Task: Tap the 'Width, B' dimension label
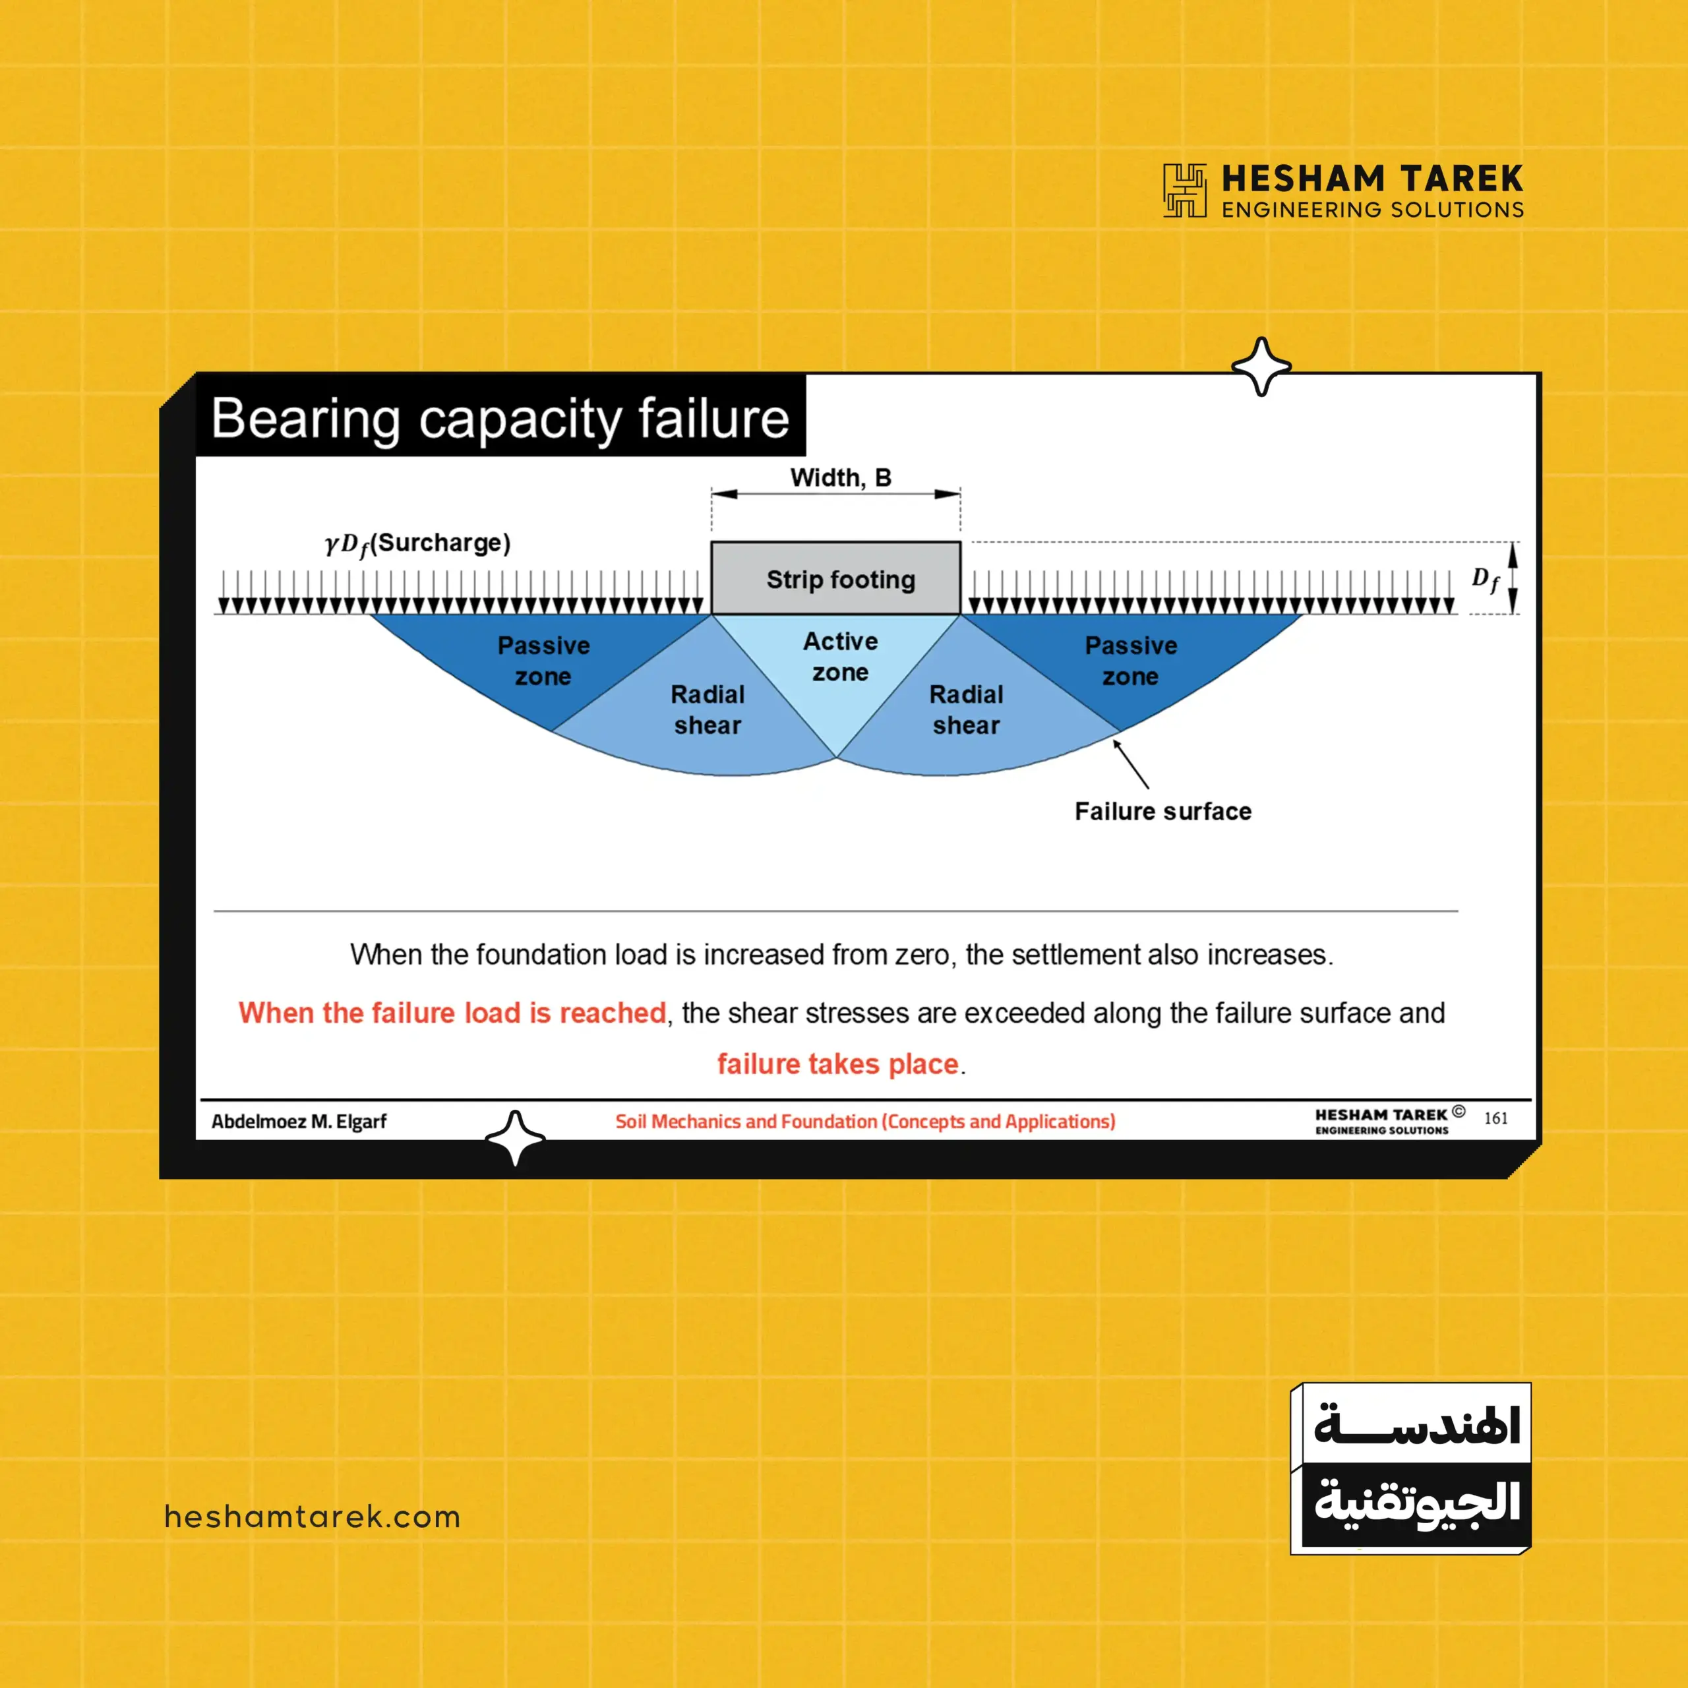(841, 478)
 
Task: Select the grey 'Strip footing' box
(835, 578)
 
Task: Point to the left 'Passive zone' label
(543, 661)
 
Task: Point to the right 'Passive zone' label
(1131, 661)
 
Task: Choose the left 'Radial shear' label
(708, 709)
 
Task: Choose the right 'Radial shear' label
(967, 709)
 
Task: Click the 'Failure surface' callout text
(1163, 811)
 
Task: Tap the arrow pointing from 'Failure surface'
(1131, 764)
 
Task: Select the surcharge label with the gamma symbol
(417, 545)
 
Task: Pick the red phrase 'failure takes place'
(838, 1064)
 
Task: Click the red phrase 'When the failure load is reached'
(452, 1013)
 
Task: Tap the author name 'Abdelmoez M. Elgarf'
(299, 1121)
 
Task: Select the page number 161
(1495, 1118)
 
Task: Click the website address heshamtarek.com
(312, 1517)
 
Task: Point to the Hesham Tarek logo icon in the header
(1185, 190)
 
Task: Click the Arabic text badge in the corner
(1410, 1468)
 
